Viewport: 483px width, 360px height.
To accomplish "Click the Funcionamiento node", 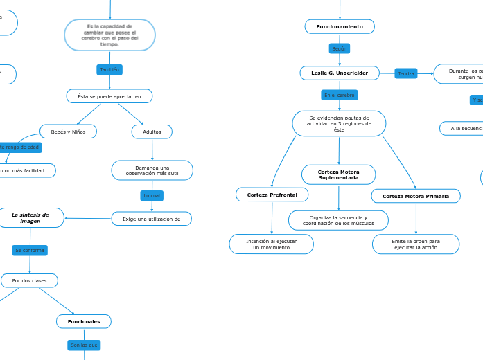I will point(340,26).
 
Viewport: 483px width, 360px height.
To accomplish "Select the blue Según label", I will point(339,48).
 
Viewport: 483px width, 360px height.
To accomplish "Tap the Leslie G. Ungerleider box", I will point(340,73).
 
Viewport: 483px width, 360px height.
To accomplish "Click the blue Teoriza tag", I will point(405,73).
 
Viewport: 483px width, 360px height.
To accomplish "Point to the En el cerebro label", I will point(339,95).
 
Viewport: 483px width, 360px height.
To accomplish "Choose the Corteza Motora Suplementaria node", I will point(338,174).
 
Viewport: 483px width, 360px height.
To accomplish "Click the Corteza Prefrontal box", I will point(272,195).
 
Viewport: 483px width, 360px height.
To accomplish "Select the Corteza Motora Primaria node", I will point(416,196).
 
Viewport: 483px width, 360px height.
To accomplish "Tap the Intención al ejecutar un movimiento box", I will point(271,244).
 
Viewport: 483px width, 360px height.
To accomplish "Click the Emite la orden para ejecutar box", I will point(416,244).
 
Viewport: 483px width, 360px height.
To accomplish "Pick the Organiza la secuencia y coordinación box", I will point(338,220).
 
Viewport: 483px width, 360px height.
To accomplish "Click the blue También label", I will point(109,69).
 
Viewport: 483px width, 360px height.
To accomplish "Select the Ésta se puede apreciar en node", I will point(109,96).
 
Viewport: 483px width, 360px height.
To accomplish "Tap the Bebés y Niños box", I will point(68,132).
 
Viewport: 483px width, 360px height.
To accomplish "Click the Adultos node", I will point(152,132).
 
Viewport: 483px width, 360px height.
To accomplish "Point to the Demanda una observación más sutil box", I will point(152,170).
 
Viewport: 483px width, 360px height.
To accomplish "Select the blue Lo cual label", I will point(152,196).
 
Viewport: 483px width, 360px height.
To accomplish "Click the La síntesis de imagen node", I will point(30,218).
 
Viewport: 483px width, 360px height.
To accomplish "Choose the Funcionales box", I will point(84,321).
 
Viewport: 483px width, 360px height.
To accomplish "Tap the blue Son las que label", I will point(84,345).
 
